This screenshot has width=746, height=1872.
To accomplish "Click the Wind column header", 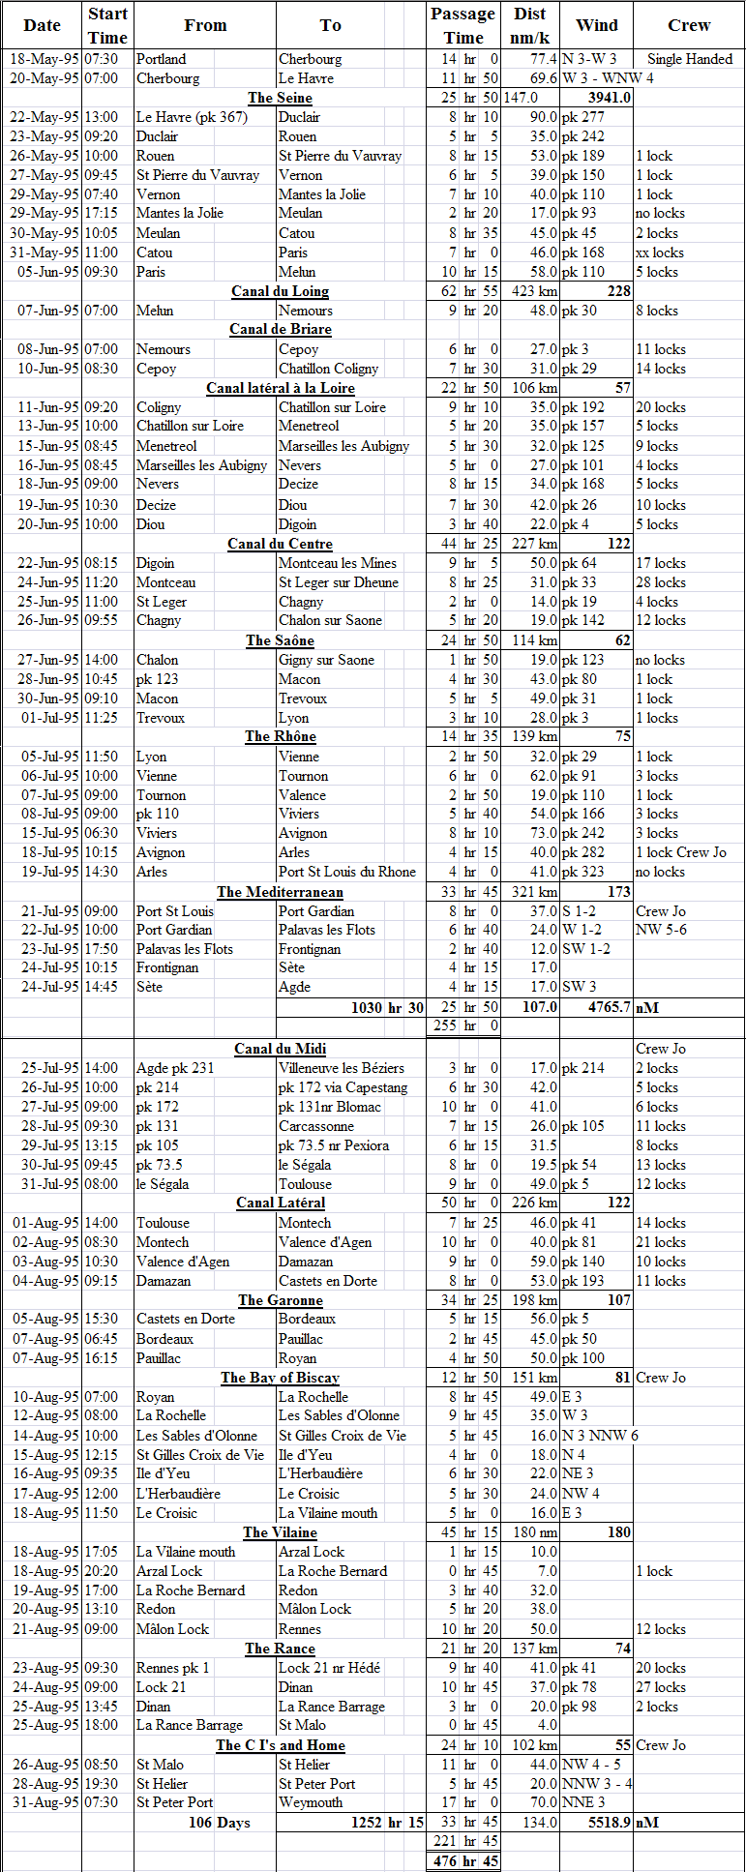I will click(596, 25).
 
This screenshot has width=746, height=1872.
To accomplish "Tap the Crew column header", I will click(689, 25).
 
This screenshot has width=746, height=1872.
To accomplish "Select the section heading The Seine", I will click(280, 98).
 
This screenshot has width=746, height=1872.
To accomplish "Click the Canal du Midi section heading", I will click(280, 1049).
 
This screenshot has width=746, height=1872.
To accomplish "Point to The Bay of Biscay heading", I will click(280, 1378).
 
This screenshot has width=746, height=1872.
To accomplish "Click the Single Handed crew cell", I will click(690, 59).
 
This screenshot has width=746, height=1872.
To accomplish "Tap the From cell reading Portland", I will click(161, 59).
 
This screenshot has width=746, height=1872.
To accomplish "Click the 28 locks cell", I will click(661, 582).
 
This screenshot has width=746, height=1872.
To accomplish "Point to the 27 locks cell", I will click(661, 1687).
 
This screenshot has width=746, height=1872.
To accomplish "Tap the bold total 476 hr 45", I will click(465, 1861).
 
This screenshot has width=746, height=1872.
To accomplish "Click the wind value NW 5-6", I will click(661, 930).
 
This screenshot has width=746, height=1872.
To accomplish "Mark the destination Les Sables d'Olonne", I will click(339, 1416).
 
